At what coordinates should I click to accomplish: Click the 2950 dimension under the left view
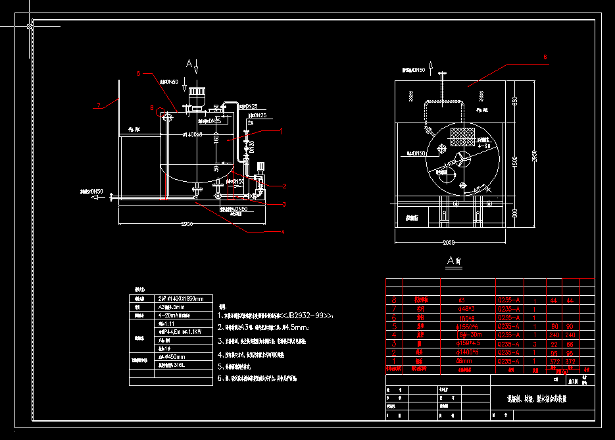186,224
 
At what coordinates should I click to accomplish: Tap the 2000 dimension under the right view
449,242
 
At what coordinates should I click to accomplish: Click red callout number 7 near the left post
98,105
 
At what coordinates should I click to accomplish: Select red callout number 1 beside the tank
282,131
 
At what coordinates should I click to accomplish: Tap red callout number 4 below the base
282,232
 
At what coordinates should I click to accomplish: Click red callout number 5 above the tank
139,74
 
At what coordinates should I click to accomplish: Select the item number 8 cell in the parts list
394,300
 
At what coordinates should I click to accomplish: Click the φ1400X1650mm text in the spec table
181,298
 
